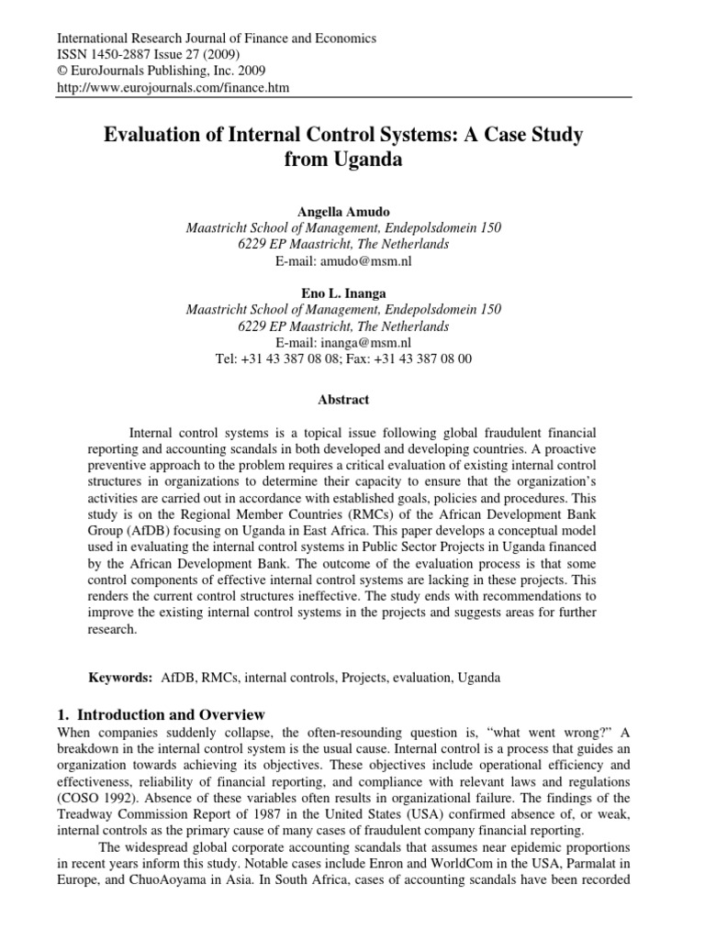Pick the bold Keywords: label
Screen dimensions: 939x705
tap(119, 678)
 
